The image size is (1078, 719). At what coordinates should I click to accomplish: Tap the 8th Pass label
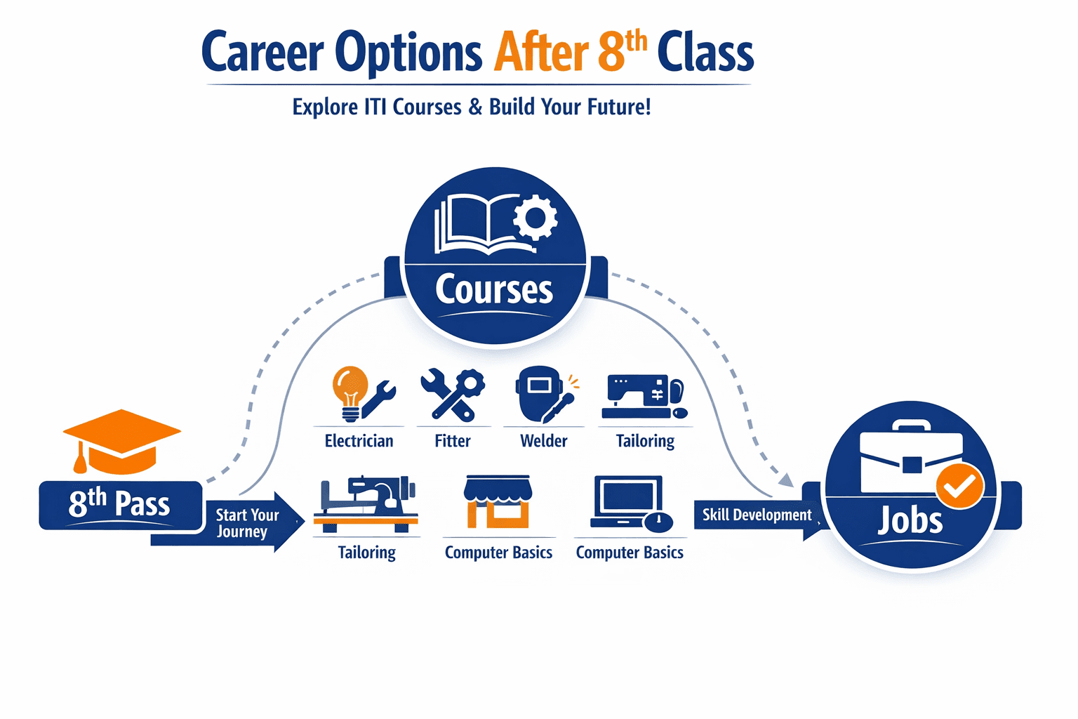(119, 504)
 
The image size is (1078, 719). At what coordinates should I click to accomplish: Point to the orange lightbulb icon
(350, 389)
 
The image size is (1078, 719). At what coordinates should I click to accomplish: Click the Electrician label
(359, 441)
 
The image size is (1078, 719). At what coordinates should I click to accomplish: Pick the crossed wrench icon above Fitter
(452, 394)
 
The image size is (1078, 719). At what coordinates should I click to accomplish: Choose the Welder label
(543, 441)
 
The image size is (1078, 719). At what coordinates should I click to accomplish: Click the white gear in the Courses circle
(535, 218)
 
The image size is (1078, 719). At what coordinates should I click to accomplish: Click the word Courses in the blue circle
(494, 289)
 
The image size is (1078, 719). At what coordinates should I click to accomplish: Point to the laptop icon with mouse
(630, 503)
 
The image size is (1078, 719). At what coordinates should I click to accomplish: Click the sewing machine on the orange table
(366, 503)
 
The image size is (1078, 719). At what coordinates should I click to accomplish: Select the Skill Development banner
(757, 515)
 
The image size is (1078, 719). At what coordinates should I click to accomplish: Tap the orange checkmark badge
(959, 485)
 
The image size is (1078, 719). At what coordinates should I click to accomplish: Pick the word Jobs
(910, 521)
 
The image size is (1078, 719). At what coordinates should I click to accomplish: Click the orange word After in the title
(540, 53)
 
